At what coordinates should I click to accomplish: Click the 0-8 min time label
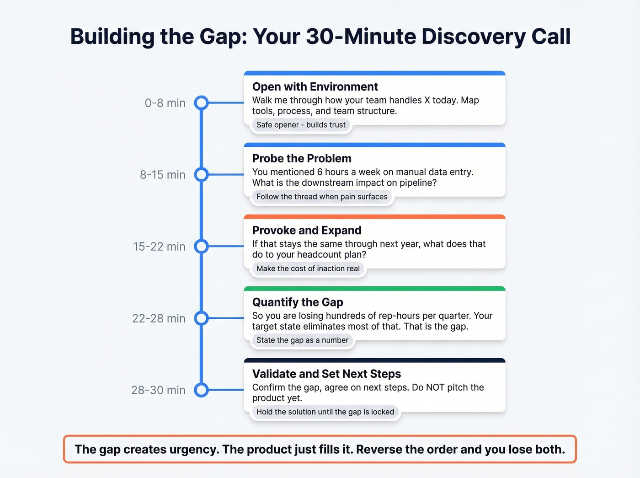tap(165, 103)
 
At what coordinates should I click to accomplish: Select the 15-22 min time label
tap(159, 247)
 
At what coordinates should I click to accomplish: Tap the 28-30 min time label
tap(158, 390)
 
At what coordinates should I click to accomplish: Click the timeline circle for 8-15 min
tap(201, 175)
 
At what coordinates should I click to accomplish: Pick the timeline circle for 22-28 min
tap(201, 318)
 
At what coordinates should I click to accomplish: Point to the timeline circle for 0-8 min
tap(201, 103)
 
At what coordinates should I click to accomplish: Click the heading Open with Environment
tap(315, 87)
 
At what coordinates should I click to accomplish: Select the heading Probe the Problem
tap(302, 159)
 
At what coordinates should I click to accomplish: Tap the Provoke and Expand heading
tap(307, 231)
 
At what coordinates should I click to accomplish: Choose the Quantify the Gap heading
tap(298, 302)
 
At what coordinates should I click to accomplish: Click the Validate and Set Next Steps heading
tap(326, 374)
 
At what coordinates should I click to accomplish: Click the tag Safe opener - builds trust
tap(301, 125)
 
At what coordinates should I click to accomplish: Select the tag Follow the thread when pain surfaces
tap(322, 197)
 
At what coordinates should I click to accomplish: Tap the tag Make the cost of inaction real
tap(308, 269)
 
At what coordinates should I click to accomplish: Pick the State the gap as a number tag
tap(302, 340)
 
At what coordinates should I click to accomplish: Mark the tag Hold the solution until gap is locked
tap(325, 412)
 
